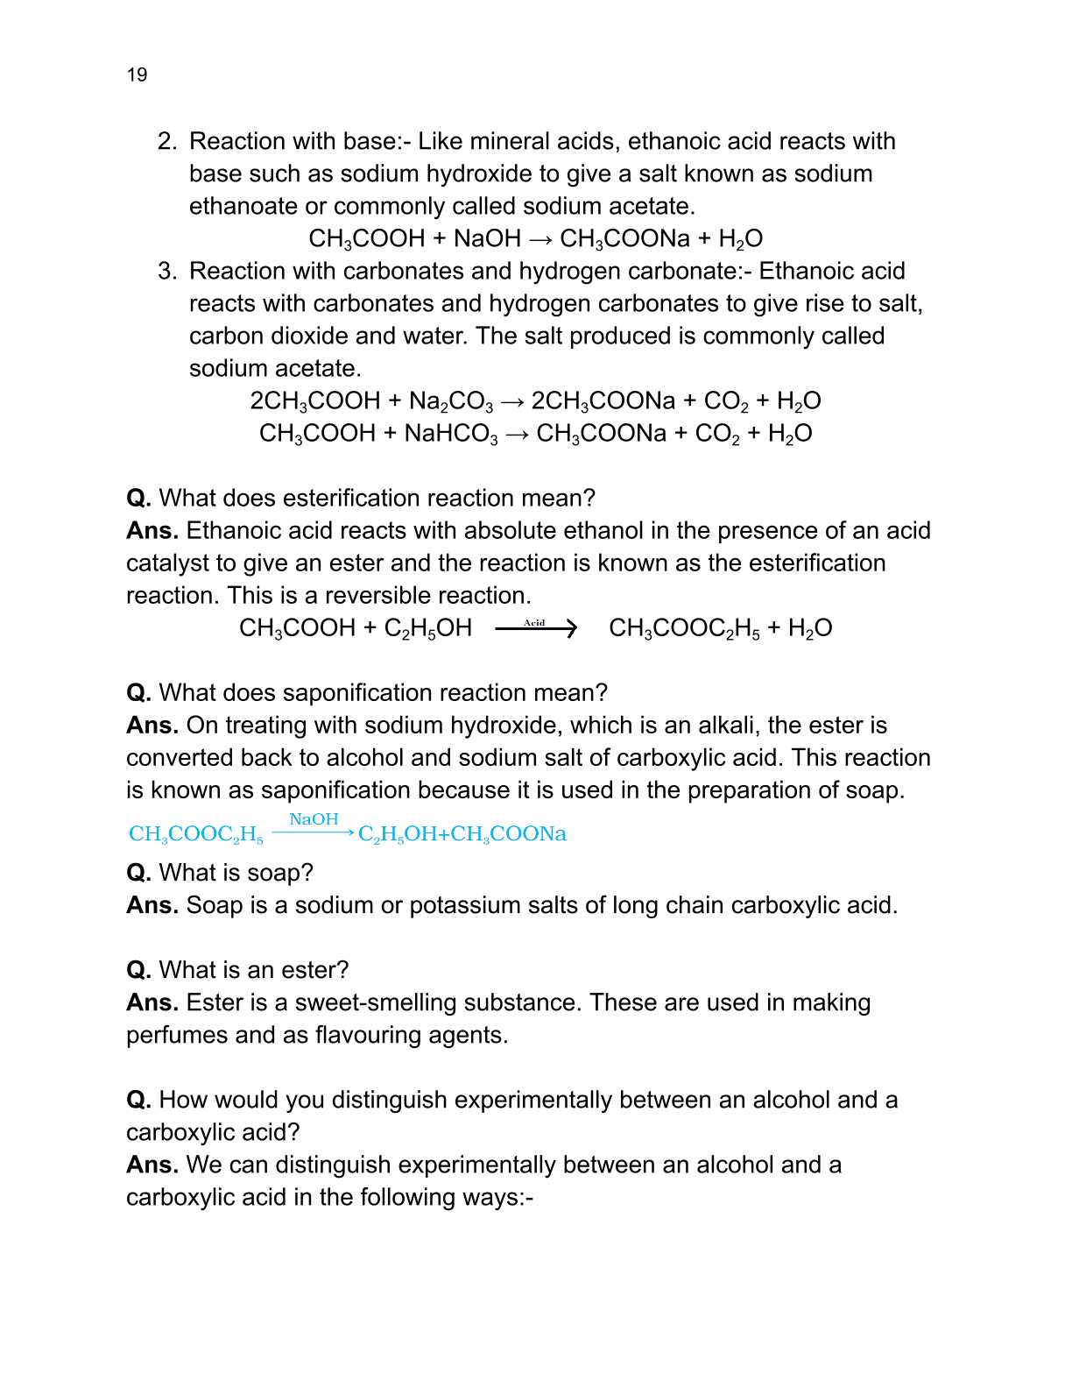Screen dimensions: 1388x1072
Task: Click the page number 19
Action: [x=137, y=74]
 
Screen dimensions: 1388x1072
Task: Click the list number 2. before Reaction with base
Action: [x=167, y=141]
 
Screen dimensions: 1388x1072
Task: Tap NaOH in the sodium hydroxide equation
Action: [x=487, y=238]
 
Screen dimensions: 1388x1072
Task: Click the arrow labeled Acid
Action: [x=535, y=627]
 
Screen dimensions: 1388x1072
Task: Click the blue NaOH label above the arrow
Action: [x=314, y=819]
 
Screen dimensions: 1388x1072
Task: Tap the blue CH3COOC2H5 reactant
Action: [x=195, y=834]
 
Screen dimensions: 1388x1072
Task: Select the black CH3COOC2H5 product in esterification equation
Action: [x=684, y=628]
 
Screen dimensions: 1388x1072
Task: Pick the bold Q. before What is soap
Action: [x=138, y=872]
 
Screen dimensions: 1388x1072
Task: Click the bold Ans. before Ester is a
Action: [x=152, y=1002]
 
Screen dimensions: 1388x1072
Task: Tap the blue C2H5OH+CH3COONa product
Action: [x=462, y=834]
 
